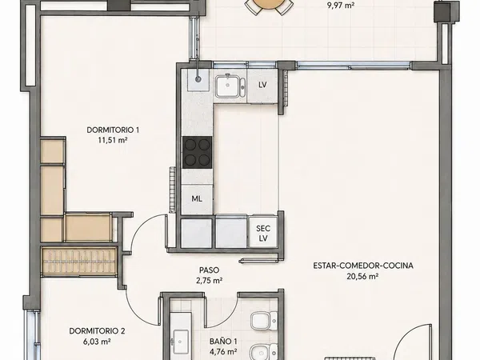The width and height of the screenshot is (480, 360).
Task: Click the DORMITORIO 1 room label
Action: [113, 130]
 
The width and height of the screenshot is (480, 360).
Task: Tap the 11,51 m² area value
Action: [113, 140]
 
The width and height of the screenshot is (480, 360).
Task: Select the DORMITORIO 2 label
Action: [97, 331]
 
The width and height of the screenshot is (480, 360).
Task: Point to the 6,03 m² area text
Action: [97, 342]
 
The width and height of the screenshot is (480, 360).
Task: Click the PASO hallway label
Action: [210, 270]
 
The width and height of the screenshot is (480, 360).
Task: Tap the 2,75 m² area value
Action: [210, 280]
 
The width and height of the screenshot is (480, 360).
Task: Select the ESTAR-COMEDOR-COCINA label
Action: [363, 266]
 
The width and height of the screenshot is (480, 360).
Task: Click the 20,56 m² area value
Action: [362, 276]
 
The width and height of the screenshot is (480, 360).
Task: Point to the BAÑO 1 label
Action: [223, 341]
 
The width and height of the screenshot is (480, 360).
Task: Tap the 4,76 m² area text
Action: [223, 351]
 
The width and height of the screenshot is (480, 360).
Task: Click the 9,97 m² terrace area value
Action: [341, 6]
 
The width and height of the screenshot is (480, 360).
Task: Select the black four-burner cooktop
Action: [197, 152]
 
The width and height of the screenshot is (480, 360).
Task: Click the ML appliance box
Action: [197, 199]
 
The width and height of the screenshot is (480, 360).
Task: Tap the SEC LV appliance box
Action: [263, 233]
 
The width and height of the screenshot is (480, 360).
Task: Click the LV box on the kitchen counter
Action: [262, 85]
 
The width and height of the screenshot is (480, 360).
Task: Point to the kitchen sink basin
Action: [227, 86]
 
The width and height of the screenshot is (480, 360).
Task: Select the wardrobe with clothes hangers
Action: [78, 261]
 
